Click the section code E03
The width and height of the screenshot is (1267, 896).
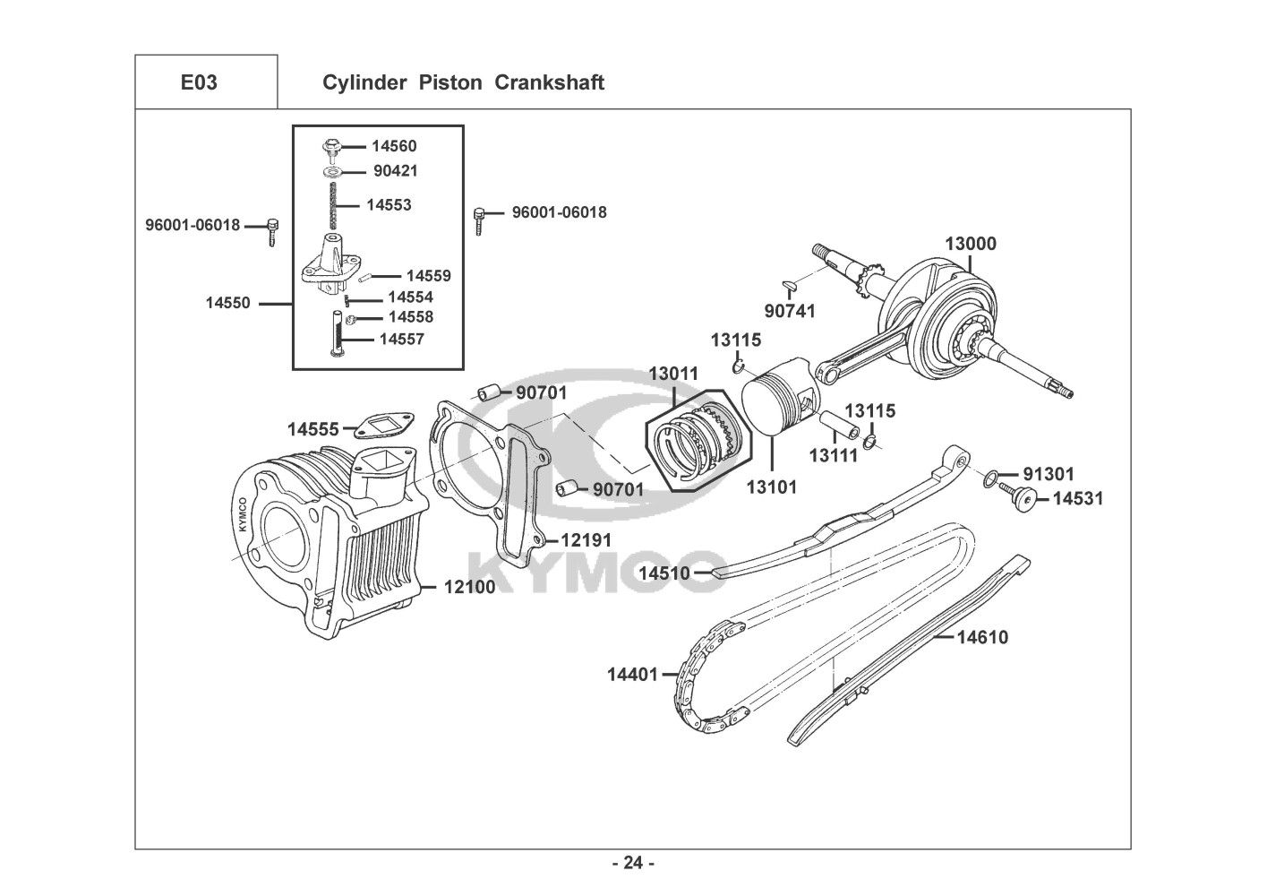tap(198, 82)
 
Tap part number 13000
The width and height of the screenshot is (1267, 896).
tap(971, 244)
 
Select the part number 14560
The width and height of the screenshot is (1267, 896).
tap(394, 146)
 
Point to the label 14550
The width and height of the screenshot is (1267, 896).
tap(227, 303)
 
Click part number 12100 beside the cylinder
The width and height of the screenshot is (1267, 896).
tap(469, 588)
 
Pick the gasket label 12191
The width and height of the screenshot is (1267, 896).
tap(586, 540)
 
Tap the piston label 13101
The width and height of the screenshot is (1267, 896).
tap(771, 487)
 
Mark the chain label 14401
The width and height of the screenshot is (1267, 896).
tap(632, 673)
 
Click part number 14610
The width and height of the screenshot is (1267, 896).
tap(981, 638)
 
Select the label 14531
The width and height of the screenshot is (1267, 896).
tap(1078, 498)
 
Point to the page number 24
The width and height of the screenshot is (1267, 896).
tap(633, 863)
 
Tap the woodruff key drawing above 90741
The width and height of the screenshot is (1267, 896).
tap(789, 286)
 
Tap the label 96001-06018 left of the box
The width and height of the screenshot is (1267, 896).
tap(193, 225)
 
